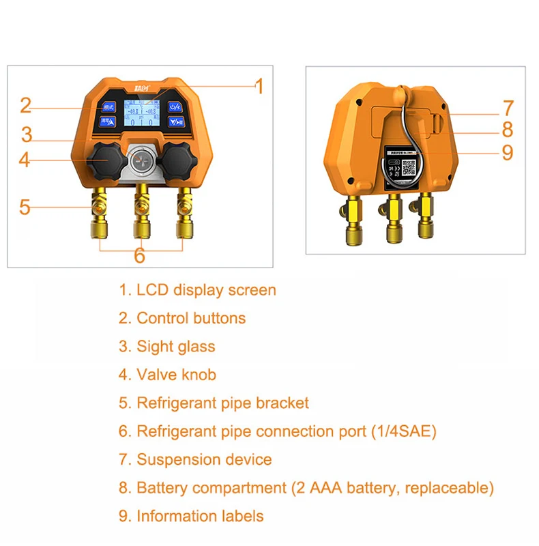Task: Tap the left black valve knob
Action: point(104,159)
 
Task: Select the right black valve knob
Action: point(177,159)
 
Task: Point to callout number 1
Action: point(259,87)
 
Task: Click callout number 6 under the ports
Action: point(139,255)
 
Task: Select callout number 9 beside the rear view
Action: point(507,152)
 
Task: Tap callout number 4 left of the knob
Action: point(25,160)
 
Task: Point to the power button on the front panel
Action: point(175,106)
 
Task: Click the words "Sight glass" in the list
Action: point(176,346)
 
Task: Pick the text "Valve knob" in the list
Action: point(177,375)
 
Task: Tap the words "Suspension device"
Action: point(204,460)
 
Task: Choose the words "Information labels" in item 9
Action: point(200,516)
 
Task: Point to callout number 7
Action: point(507,108)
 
